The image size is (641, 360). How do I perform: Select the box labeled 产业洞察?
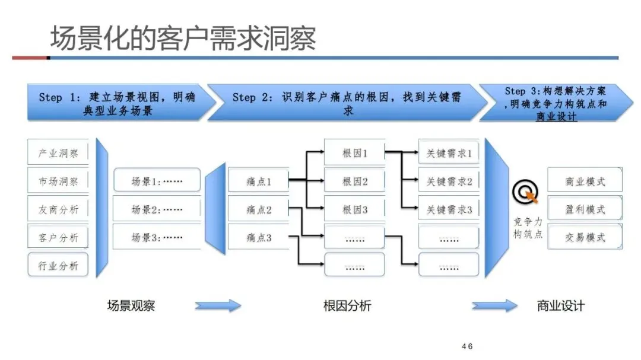(x=58, y=153)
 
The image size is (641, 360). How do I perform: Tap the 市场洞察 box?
(x=58, y=181)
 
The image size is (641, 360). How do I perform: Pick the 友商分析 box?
(x=58, y=209)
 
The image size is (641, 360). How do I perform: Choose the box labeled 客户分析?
(x=58, y=238)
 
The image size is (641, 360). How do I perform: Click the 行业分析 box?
(x=58, y=266)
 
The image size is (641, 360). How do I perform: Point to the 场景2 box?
(x=157, y=209)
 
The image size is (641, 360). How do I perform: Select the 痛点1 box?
(x=259, y=181)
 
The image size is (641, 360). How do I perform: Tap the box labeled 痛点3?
(x=259, y=238)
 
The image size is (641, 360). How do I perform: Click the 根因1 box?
(x=355, y=153)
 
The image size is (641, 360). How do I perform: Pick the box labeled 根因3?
(x=355, y=209)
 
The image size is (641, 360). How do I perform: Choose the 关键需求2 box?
(x=449, y=181)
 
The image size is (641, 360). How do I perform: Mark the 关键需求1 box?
(x=449, y=153)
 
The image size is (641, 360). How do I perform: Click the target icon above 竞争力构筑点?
(x=525, y=191)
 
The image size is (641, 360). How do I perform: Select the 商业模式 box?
(x=585, y=181)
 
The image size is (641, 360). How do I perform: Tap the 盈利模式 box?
(x=585, y=209)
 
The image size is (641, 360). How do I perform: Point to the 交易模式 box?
(x=585, y=238)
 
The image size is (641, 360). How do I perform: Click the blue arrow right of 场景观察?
(x=218, y=306)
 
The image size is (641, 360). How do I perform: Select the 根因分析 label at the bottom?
(x=347, y=306)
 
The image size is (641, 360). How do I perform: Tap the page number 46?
(x=467, y=346)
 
